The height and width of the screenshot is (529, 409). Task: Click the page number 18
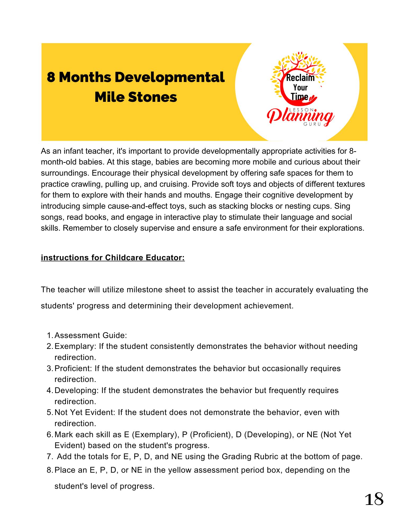pyautogui.click(x=374, y=499)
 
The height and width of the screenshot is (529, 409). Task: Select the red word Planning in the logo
pyautogui.click(x=300, y=117)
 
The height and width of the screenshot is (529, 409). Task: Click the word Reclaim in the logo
pyautogui.click(x=300, y=78)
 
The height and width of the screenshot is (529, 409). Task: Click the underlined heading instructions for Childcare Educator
pyautogui.click(x=113, y=257)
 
